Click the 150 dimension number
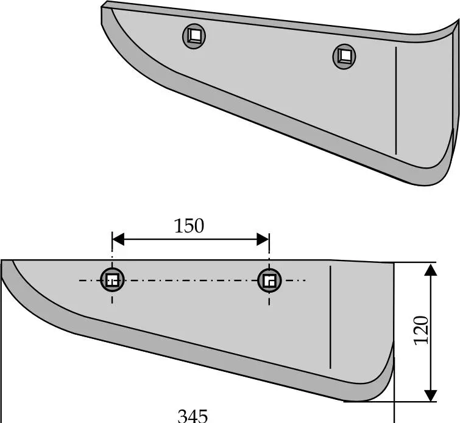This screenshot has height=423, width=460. click(189, 226)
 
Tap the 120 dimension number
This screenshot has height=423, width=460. click(421, 330)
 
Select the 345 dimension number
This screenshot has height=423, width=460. click(193, 416)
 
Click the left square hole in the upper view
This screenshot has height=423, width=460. click(194, 36)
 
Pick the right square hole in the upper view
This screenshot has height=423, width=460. click(344, 57)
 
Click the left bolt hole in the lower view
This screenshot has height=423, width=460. click(112, 280)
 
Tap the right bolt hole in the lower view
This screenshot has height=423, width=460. click(269, 280)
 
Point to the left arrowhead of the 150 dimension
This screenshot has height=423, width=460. click(118, 239)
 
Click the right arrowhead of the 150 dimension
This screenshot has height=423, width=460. click(263, 239)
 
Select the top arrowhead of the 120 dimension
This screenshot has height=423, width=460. click(431, 270)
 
